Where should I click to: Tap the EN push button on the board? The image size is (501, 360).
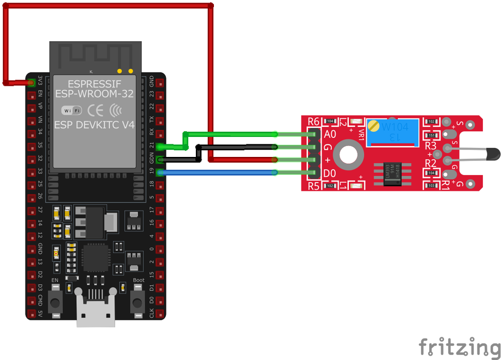tap(55, 301)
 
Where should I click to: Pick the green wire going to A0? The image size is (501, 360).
tap(230, 134)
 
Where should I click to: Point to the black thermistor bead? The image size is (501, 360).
tap(491, 153)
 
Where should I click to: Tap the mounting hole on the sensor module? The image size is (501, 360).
tap(347, 154)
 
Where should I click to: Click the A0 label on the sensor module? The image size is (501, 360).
tap(330, 134)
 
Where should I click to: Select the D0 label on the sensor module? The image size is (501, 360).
tap(330, 173)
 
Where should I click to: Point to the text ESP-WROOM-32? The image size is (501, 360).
tap(94, 93)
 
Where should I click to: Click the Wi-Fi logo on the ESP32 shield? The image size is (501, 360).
tap(71, 110)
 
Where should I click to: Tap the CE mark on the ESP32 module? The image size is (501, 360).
tap(95, 110)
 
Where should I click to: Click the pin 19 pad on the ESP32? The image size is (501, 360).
tap(160, 173)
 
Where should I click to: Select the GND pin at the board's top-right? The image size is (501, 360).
tap(160, 82)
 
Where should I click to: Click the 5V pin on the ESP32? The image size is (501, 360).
tap(32, 314)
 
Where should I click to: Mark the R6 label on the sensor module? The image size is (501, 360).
tap(314, 121)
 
